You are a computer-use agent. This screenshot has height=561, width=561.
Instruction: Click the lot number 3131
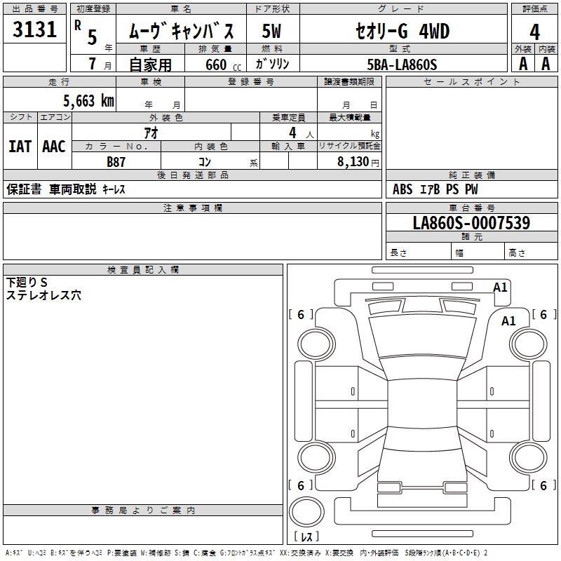pyautogui.click(x=34, y=30)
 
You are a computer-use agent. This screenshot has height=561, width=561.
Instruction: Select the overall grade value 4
pyautogui.click(x=534, y=32)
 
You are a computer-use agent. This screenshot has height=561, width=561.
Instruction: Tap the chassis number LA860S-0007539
pyautogui.click(x=471, y=223)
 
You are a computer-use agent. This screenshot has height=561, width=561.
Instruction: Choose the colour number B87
pyautogui.click(x=116, y=161)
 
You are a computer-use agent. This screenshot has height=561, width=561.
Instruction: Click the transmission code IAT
pyautogui.click(x=20, y=147)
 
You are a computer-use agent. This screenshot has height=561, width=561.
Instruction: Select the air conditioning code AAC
pyautogui.click(x=53, y=147)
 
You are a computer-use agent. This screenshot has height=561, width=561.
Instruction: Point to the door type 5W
pyautogui.click(x=271, y=32)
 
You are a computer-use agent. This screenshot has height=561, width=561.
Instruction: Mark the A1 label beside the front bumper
pyautogui.click(x=500, y=287)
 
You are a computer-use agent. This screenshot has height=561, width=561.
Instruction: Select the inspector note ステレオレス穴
pyautogui.click(x=43, y=296)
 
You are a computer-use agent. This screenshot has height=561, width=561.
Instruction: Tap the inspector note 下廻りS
pyautogui.click(x=27, y=282)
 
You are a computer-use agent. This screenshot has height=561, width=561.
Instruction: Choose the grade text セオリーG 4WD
pyautogui.click(x=401, y=32)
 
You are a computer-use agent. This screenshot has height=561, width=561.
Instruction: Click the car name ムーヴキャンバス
pyautogui.click(x=187, y=32)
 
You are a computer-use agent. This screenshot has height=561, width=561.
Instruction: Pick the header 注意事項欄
pyautogui.click(x=193, y=208)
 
